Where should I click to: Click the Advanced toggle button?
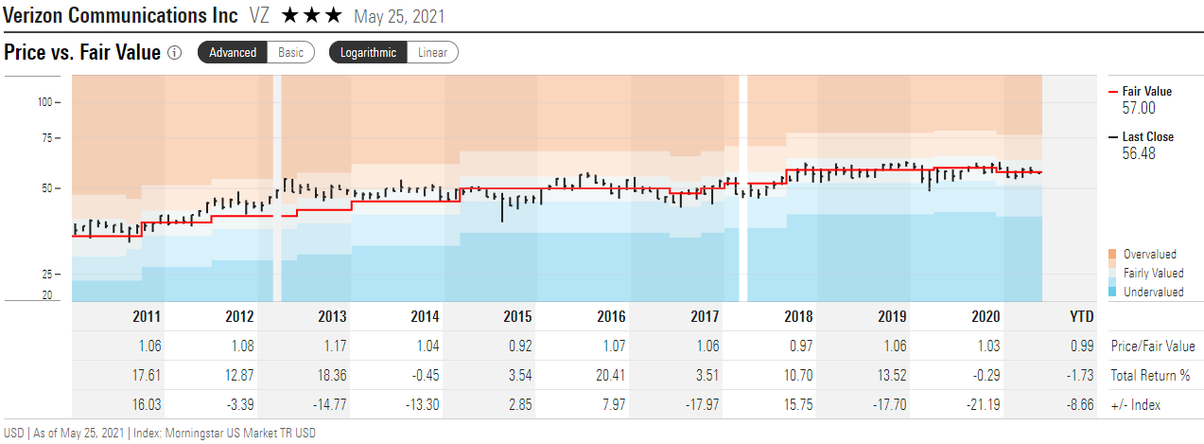233,53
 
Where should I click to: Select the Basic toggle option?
291,53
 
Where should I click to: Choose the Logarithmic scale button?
368,53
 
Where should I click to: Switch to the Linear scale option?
433,53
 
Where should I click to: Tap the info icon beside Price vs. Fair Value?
174,53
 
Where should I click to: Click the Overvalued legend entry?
1149,254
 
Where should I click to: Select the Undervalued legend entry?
1153,293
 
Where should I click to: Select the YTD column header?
1080,316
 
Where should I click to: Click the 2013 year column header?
332,316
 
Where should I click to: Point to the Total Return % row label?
1150,375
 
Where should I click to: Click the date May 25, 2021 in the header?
399,17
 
